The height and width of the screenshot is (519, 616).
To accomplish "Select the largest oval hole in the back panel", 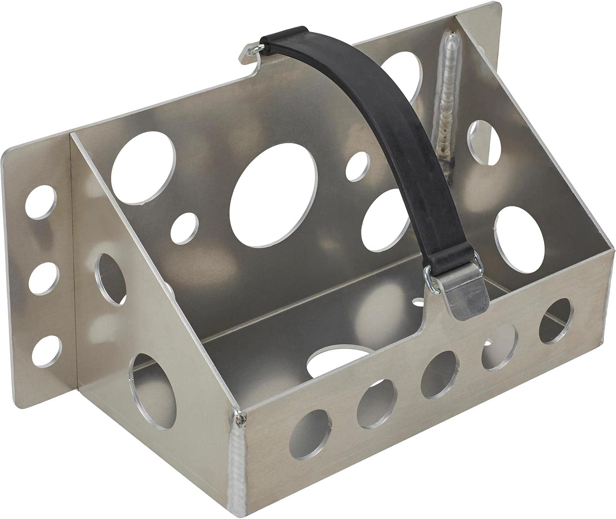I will pos(273,194).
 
